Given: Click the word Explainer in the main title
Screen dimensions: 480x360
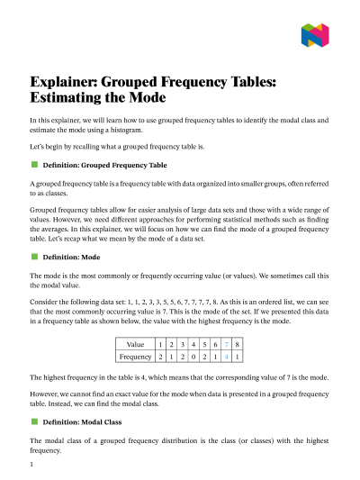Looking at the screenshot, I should [70, 82].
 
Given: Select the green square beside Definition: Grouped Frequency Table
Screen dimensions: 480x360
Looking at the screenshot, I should [34, 165].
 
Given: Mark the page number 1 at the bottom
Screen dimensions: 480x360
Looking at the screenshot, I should [31, 465].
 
